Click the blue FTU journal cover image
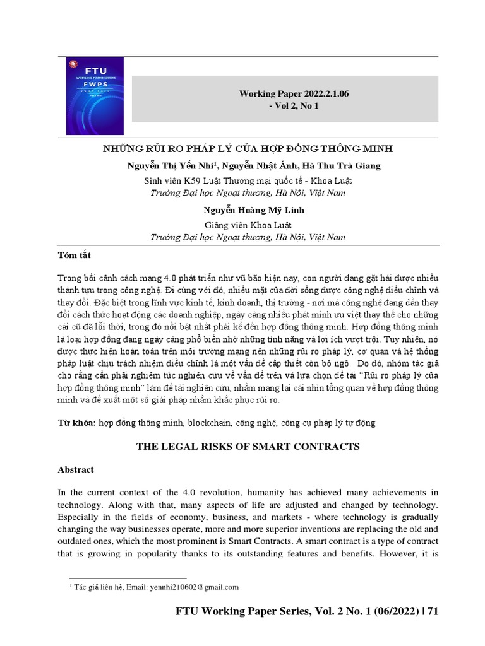(95, 96)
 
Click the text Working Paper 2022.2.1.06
(294, 93)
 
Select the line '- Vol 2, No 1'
(294, 106)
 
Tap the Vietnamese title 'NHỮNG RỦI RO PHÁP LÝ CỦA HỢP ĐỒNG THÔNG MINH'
(248, 149)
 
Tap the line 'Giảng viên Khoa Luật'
(248, 224)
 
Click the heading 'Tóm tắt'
(75, 255)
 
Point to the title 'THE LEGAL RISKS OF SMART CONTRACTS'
(248, 447)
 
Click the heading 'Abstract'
(76, 470)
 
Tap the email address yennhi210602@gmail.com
(193, 587)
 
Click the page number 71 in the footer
(433, 611)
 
